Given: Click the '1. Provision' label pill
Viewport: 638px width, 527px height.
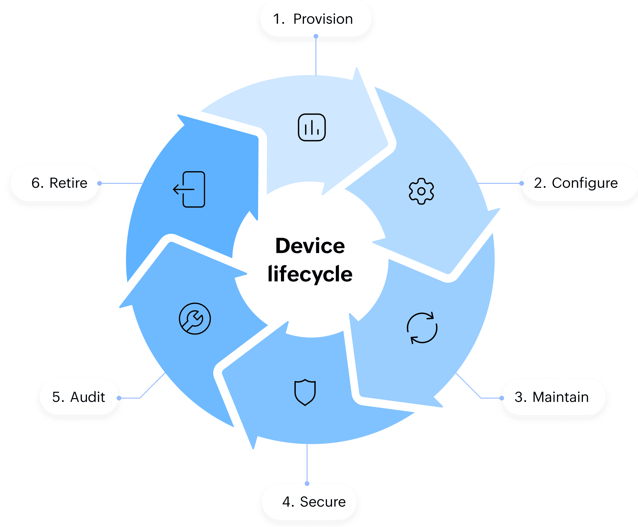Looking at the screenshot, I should click(315, 19).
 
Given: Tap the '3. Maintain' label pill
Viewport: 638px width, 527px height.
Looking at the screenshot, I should click(553, 397).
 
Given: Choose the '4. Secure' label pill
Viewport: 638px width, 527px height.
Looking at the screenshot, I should click(309, 502).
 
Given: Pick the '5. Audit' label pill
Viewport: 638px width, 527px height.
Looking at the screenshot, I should click(79, 397).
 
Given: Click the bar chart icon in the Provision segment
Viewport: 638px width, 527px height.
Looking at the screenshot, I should click(312, 128).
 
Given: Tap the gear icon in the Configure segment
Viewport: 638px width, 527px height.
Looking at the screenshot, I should click(421, 191).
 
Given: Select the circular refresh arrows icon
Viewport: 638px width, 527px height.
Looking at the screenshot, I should click(422, 328).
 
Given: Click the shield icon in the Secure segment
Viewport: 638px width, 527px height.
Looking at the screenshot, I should click(305, 392).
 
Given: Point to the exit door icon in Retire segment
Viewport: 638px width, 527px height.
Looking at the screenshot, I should click(189, 189).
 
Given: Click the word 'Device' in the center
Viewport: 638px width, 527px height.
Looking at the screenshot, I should click(310, 246).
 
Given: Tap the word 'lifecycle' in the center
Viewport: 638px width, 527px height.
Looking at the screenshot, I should click(310, 274).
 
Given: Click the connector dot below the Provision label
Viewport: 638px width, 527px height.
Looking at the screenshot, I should click(316, 37).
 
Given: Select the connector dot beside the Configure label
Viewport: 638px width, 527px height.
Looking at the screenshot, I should click(521, 183).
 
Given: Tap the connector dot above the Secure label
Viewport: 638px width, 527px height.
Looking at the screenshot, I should click(307, 483).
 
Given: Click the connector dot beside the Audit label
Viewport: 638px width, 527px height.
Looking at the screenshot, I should click(119, 398).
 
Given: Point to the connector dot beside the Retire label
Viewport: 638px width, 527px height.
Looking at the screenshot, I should click(100, 183).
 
